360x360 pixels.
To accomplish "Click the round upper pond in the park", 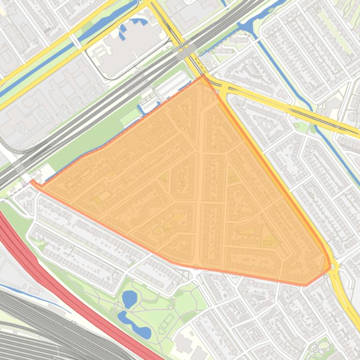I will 129,297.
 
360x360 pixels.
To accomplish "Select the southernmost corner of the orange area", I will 305,285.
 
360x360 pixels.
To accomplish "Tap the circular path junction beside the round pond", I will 118,306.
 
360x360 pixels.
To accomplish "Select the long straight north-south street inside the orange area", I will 201,187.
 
